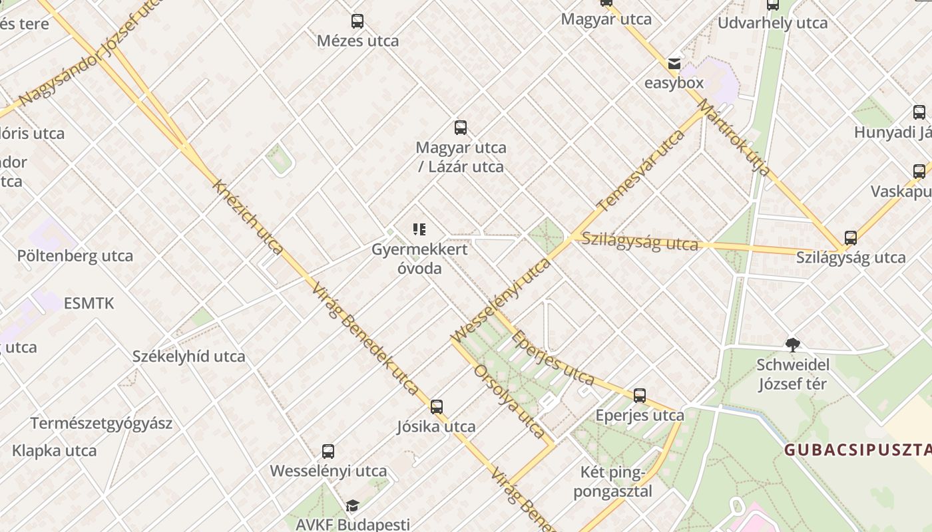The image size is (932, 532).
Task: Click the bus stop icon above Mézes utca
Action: pyautogui.click(x=357, y=21)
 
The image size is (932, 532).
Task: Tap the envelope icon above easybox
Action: pyautogui.click(x=674, y=64)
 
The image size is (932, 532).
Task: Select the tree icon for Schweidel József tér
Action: pyautogui.click(x=792, y=344)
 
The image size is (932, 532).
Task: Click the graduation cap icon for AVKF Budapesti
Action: pyautogui.click(x=352, y=506)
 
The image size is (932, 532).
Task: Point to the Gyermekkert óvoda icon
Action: pyautogui.click(x=419, y=230)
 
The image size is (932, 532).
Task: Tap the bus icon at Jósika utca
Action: pyautogui.click(x=437, y=406)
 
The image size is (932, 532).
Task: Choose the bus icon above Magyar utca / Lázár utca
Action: pyautogui.click(x=460, y=128)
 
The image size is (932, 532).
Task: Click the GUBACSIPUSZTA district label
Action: pyautogui.click(x=857, y=450)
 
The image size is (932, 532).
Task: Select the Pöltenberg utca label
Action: pyautogui.click(x=75, y=256)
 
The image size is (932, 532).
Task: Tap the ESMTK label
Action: pyautogui.click(x=89, y=304)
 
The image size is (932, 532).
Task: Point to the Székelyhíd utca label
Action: pyautogui.click(x=189, y=356)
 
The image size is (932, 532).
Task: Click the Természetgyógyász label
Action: pyautogui.click(x=101, y=424)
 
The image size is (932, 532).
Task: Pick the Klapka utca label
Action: pyautogui.click(x=55, y=451)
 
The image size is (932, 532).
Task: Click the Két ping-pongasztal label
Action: pyautogui.click(x=612, y=482)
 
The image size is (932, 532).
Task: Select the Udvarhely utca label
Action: pyautogui.click(x=772, y=23)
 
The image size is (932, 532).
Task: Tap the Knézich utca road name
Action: pyautogui.click(x=248, y=217)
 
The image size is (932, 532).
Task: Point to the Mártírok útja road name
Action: pyautogui.click(x=734, y=137)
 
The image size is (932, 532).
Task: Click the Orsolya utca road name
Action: pyautogui.click(x=509, y=401)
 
